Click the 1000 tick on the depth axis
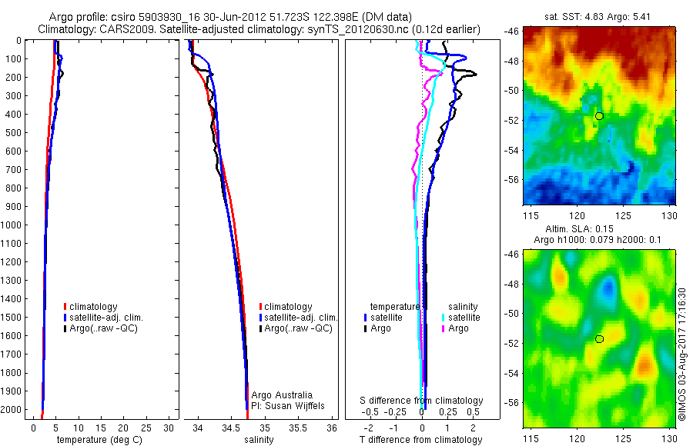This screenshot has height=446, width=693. pos(15,225)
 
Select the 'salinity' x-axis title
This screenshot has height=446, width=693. pos(259,440)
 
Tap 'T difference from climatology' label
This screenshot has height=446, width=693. pos(420,440)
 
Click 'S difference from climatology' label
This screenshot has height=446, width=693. pos(422,401)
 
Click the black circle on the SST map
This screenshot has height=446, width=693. pos(599,116)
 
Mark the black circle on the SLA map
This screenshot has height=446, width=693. pos(599,338)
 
